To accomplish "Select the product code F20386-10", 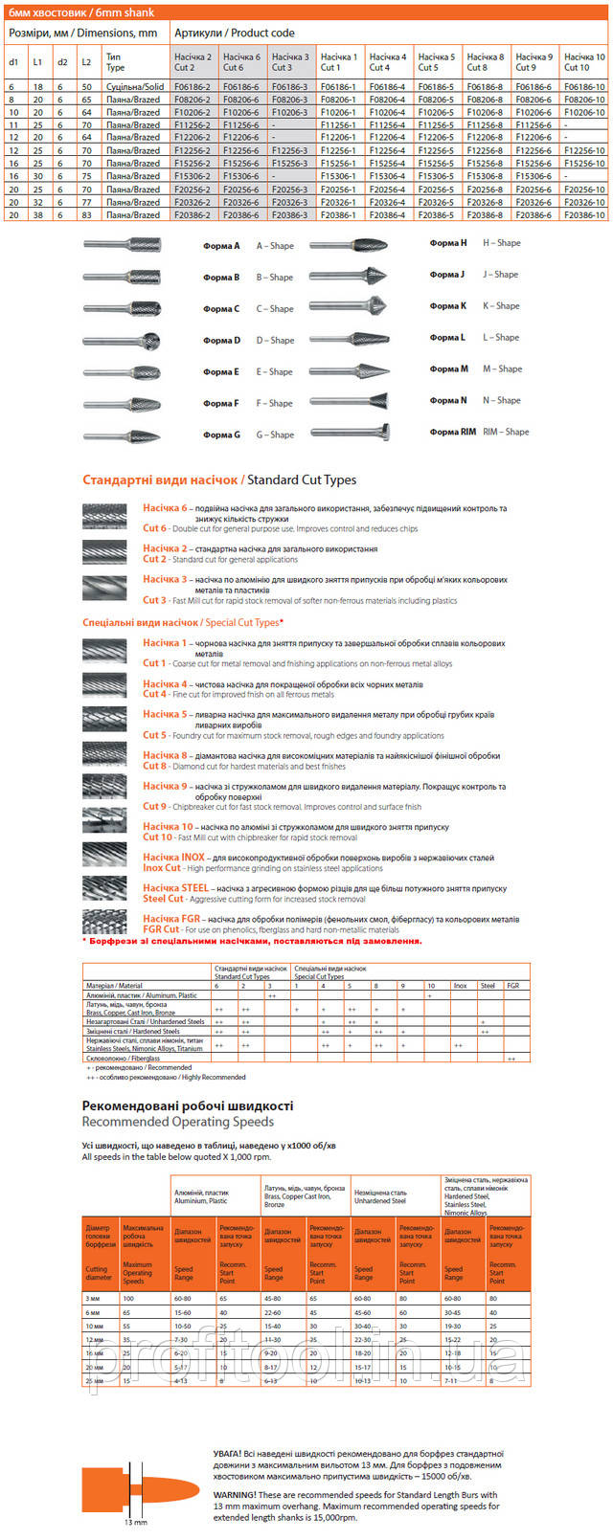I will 584,215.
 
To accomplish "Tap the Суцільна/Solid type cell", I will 134,86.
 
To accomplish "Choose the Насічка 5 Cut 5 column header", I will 436,62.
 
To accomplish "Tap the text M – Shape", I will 502,369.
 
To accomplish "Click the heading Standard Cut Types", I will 301,480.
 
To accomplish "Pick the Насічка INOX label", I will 173,858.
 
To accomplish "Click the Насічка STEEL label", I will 175,888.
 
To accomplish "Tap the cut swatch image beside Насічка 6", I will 104,516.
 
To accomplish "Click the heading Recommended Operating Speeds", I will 177,1122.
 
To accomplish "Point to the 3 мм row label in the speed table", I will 93,1299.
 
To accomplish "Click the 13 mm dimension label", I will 136,1522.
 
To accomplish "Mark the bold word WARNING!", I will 235,1494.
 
